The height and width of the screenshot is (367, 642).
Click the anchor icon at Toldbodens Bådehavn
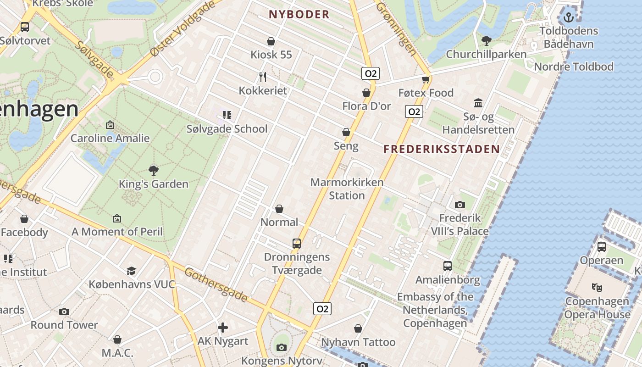pos(569,17)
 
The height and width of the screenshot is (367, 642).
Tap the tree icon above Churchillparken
pos(487,41)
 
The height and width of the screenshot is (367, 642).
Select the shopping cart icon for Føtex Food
pos(426,79)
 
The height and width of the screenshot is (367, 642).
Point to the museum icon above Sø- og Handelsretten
pos(478,103)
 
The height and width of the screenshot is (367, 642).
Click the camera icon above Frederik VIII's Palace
pos(459,205)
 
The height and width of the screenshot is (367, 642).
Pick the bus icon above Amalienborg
pos(447,266)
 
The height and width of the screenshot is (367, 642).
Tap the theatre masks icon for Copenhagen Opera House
pos(597,288)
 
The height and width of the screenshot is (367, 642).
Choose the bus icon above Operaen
pos(602,247)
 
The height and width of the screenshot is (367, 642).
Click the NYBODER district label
pos(299,14)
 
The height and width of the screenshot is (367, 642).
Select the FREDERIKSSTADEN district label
pos(442,149)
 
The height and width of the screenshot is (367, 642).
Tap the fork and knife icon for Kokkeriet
pos(263,77)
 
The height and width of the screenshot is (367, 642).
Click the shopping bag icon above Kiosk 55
pos(271,41)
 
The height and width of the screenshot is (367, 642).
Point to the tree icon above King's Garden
pos(154,171)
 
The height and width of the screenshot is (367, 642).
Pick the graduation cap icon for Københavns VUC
pos(132,271)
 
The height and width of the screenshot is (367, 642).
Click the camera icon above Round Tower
pos(64,311)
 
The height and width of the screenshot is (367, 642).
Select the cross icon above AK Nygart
pos(223,328)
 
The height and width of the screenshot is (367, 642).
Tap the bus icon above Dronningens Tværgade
pos(297,243)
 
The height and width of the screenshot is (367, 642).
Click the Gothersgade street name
pos(216,285)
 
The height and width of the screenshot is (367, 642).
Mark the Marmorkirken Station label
pos(347,189)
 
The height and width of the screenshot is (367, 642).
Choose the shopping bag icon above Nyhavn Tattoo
pos(358,328)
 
